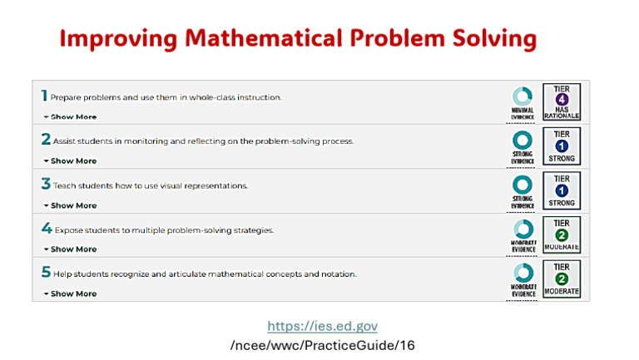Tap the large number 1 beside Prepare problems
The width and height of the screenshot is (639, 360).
pos(45,96)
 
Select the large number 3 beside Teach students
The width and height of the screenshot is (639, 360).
pos(46,184)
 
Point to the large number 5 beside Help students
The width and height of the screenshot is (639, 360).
pos(46,272)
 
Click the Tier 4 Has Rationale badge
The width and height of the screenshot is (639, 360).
pos(562,102)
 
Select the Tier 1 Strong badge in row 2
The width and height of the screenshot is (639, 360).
pos(562,146)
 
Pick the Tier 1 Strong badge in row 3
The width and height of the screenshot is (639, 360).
pos(562,190)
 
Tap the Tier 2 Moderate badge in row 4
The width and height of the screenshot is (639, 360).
pos(562,234)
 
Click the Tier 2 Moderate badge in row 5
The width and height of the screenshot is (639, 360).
pos(562,279)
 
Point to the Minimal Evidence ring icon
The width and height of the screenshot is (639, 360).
pos(523,96)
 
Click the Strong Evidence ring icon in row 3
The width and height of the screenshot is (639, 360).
pos(523,184)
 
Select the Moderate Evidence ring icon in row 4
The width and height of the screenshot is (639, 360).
pos(523,228)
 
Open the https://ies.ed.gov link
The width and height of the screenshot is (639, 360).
pos(322,327)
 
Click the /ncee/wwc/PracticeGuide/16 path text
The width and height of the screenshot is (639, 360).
pos(322,345)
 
